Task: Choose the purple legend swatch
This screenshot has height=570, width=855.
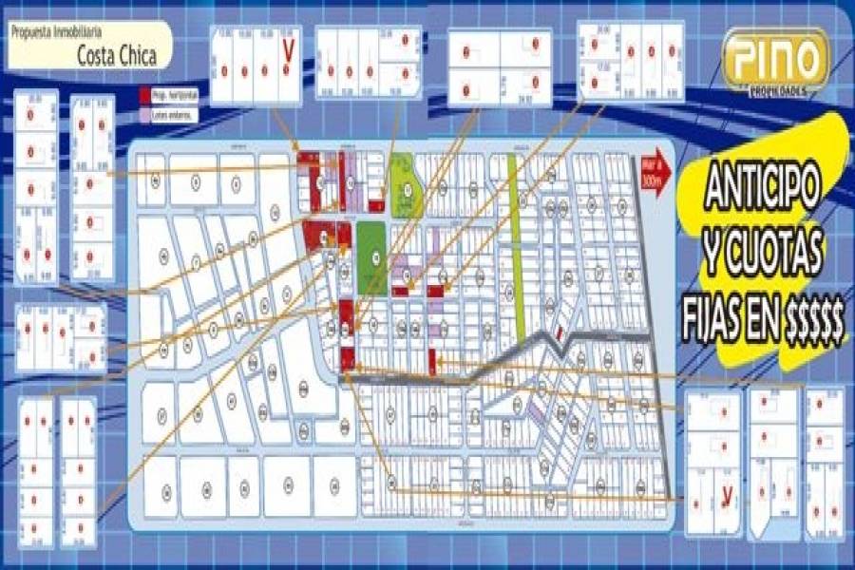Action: click(x=144, y=114)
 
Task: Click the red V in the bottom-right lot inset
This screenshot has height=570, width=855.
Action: click(x=727, y=495)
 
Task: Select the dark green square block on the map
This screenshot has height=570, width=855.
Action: click(x=376, y=256)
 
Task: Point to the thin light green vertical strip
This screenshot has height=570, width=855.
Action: click(x=517, y=247)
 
